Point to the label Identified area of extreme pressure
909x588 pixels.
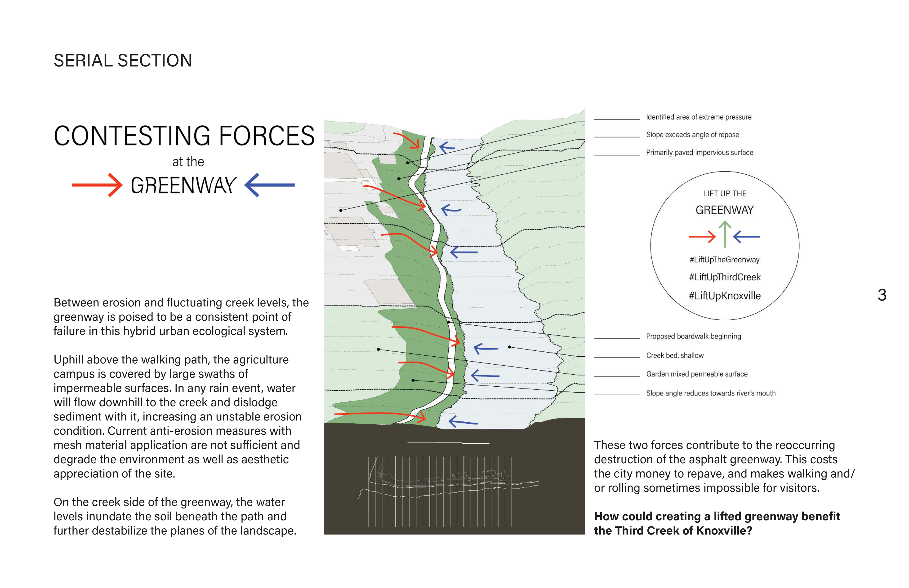(x=699, y=117)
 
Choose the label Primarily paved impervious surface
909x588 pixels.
(x=699, y=152)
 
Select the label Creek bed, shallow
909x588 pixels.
(x=674, y=355)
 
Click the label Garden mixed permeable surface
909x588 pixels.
(x=697, y=374)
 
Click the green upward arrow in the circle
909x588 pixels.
(x=725, y=234)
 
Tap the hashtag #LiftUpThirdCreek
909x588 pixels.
(x=725, y=277)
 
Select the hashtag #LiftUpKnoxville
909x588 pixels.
(x=725, y=296)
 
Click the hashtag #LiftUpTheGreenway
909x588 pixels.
(x=725, y=260)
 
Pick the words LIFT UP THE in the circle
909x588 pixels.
(x=725, y=194)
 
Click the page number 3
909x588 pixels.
(x=882, y=295)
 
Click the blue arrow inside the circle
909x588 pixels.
(x=747, y=237)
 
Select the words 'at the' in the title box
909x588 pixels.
(x=188, y=162)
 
